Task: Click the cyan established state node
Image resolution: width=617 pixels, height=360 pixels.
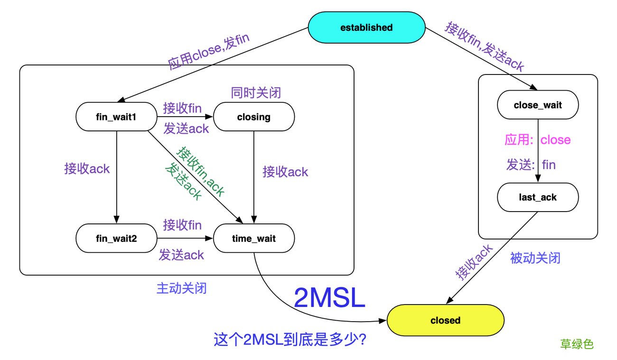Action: pyautogui.click(x=366, y=28)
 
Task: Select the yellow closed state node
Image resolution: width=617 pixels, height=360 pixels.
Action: pyautogui.click(x=445, y=320)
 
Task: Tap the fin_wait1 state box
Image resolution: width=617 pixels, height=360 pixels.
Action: pyautogui.click(x=117, y=117)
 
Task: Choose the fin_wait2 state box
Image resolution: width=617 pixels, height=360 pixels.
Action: pyautogui.click(x=117, y=239)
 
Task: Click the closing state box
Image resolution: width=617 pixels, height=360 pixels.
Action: pyautogui.click(x=253, y=117)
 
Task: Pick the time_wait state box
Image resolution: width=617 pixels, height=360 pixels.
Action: pyautogui.click(x=253, y=239)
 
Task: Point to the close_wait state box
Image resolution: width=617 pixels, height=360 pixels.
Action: pyautogui.click(x=538, y=105)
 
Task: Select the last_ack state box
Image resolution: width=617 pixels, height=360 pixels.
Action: pyautogui.click(x=538, y=197)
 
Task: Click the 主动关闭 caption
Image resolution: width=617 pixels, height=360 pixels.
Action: pyautogui.click(x=182, y=288)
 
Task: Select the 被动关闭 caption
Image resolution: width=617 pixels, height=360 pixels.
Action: pyautogui.click(x=535, y=258)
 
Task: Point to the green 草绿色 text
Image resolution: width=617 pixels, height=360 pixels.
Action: pyautogui.click(x=577, y=344)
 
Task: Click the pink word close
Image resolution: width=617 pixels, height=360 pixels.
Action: pyautogui.click(x=555, y=140)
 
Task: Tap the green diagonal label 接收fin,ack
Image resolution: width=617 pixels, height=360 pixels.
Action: pyautogui.click(x=201, y=171)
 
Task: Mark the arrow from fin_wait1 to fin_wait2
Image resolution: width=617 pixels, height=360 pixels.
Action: pyautogui.click(x=116, y=175)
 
